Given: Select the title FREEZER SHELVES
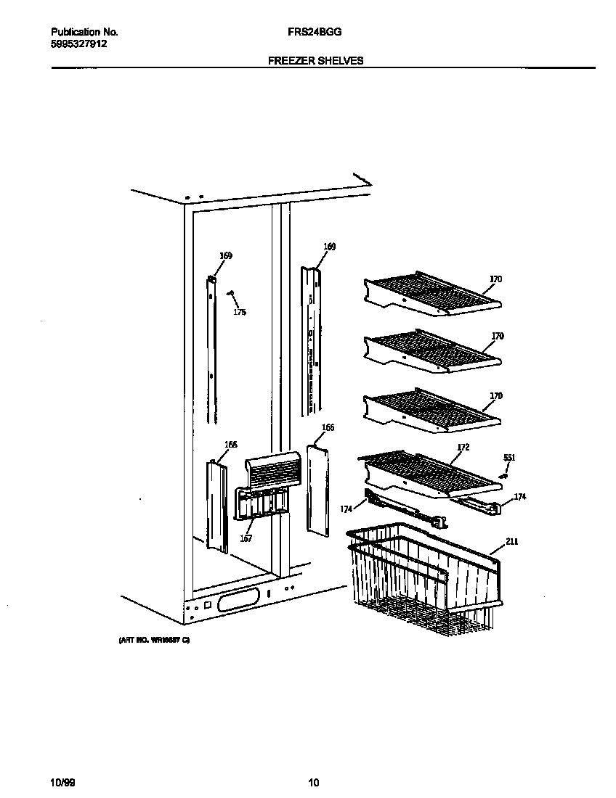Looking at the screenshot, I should click(x=315, y=61).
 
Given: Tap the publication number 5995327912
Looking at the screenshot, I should click(x=79, y=43).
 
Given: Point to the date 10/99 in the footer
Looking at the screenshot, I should click(x=61, y=782).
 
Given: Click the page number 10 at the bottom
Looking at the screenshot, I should click(x=313, y=782).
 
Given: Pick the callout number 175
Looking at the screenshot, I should click(x=239, y=313).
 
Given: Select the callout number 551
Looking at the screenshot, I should click(x=509, y=458).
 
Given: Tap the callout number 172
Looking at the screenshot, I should click(x=463, y=447).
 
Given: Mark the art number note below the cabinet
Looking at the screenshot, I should click(x=153, y=641).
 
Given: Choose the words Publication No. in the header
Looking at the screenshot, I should click(x=84, y=33).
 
